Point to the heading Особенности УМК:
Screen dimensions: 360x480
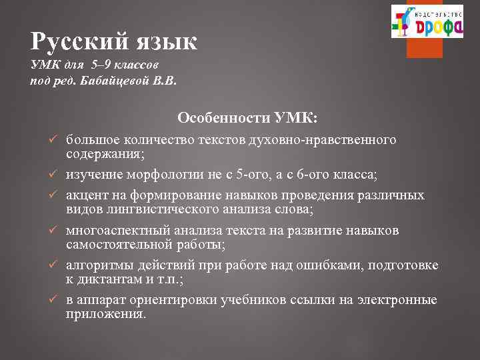click(x=247, y=117)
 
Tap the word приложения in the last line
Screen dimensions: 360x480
click(x=105, y=313)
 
